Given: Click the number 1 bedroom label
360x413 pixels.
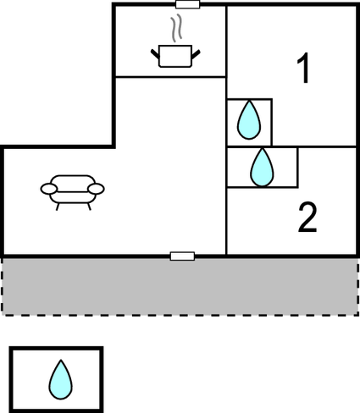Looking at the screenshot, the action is pos(303,69).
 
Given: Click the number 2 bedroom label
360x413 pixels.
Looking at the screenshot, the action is pos(307,217).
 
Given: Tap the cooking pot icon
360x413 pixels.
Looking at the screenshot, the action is pos(175,56).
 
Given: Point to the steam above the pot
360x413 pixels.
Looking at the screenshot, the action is pos(175,28).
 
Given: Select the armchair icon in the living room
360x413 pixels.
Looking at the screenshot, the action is pos(73,193).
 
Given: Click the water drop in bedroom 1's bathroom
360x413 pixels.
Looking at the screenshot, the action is pos(249,120).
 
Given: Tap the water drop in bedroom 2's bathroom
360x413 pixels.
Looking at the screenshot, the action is pos(263,168).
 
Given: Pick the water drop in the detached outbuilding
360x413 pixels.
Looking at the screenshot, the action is pos(61,379).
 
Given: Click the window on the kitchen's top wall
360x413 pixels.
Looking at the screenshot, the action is pos(188,4).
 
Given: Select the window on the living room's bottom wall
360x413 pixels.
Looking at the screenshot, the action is pos(182,256).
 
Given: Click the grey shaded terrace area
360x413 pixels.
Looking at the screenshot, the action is pos(180,286).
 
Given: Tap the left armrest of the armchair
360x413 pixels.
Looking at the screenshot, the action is pos(49,189).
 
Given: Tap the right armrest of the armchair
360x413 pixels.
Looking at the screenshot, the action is pos(96,189).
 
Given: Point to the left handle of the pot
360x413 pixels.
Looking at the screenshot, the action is pos(155,54).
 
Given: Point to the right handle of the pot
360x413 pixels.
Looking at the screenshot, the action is pos(196,54).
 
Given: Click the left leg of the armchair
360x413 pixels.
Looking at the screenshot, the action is pos(58,206).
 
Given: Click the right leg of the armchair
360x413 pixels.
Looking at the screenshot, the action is pos(89,206).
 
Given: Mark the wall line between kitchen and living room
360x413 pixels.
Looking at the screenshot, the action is pos(170,76).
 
